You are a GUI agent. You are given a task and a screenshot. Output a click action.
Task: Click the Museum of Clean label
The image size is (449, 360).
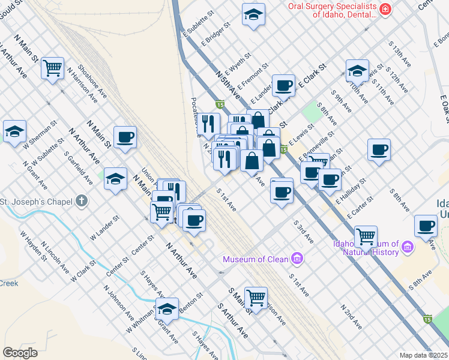click(256, 260)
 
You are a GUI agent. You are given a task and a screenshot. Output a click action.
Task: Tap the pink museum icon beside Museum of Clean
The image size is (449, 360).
click(296, 259)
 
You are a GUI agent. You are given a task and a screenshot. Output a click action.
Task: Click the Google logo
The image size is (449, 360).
click(20, 353)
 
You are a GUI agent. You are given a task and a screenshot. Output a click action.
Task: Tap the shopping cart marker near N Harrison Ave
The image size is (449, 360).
click(53, 68)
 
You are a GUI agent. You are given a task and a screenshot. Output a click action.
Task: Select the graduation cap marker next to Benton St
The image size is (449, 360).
click(167, 308)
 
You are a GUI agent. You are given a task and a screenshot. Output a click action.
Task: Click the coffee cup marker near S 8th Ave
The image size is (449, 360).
click(379, 149)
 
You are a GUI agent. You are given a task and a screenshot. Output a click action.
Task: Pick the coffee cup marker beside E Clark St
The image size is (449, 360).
click(283, 85)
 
